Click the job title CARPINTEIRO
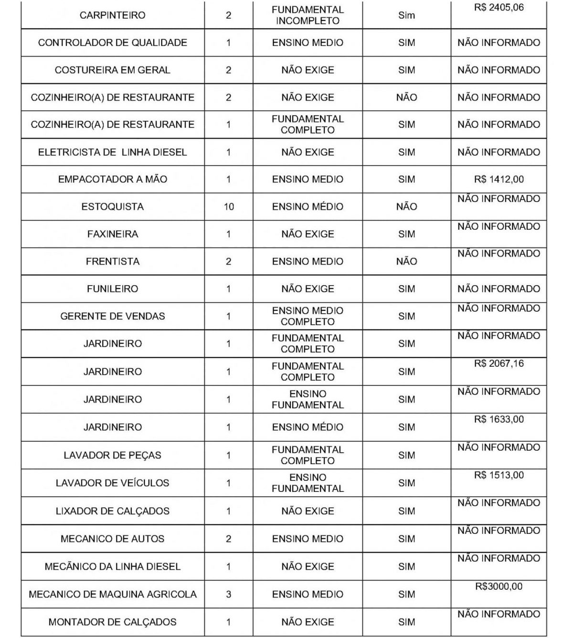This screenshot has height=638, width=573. [112, 15]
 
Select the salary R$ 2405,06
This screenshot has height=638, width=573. [499, 8]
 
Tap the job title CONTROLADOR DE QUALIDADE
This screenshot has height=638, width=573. [112, 43]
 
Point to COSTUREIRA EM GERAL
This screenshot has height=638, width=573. [112, 70]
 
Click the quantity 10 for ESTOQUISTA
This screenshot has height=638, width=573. [229, 207]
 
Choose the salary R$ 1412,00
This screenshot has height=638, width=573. [499, 180]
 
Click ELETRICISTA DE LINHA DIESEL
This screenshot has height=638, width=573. [112, 152]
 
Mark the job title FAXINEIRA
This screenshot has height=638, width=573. [112, 234]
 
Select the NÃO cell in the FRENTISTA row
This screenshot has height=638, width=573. [406, 261]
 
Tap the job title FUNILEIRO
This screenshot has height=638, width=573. [112, 289]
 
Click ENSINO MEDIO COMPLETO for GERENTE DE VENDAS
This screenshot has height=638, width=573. [308, 316]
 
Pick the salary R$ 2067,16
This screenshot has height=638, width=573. [499, 364]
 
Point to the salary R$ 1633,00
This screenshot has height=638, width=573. [499, 419]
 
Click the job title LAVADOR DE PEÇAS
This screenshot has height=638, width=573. [112, 455]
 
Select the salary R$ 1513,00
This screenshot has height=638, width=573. [499, 475]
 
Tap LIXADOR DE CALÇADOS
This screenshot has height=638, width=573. [112, 511]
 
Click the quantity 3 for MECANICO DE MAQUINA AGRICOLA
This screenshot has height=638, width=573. [229, 595]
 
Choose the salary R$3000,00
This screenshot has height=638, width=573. [499, 586]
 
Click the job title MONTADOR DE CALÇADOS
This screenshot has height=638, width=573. [112, 622]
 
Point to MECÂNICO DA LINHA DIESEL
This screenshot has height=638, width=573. [112, 567]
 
